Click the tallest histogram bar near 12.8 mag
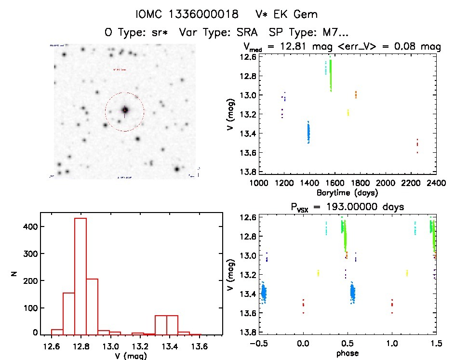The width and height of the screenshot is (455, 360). click(x=80, y=275)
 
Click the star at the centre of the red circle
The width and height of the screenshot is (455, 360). click(x=125, y=111)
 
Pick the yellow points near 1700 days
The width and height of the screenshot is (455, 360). click(x=348, y=113)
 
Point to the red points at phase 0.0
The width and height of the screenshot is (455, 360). click(x=303, y=304)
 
